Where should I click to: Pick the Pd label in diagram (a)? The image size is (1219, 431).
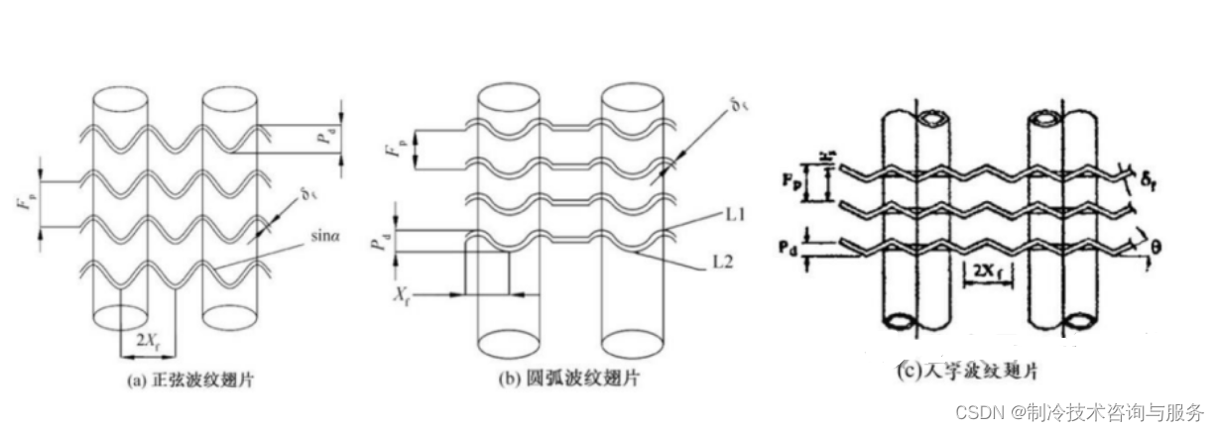pos(325,139)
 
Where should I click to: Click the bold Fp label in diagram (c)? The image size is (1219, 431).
pos(791,181)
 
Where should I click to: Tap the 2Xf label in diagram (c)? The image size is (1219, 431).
pos(987,270)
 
